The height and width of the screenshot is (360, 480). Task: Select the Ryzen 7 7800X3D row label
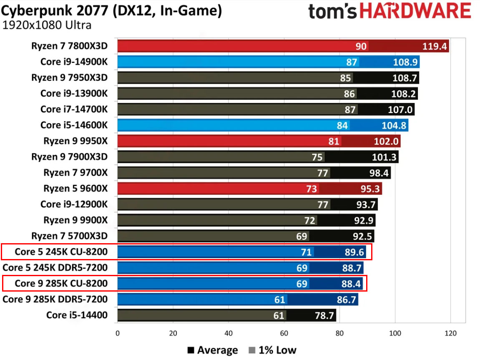[69, 46]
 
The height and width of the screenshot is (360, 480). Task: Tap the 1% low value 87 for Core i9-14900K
[352, 62]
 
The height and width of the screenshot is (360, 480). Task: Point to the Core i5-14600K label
[74, 125]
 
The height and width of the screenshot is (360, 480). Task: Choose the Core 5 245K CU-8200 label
[61, 252]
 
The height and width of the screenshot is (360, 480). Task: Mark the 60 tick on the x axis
[284, 333]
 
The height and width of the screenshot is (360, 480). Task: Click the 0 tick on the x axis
[118, 333]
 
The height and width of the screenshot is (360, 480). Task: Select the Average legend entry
[212, 350]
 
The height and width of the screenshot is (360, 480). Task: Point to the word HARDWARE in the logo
[415, 12]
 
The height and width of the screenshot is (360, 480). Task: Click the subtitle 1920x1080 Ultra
[47, 25]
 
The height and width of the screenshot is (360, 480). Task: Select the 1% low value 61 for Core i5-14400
[279, 315]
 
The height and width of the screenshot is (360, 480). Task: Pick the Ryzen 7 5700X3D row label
[69, 236]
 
